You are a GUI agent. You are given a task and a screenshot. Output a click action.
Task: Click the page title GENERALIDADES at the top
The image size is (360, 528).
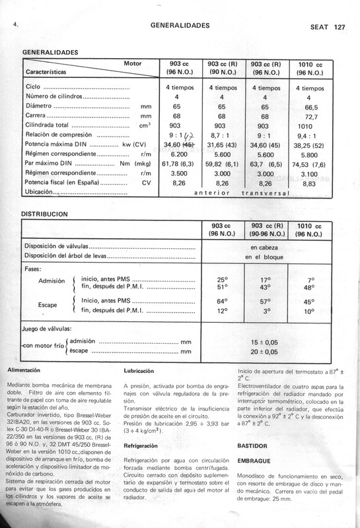[180, 26]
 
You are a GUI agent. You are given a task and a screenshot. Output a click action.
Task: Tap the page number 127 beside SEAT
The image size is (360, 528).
[340, 28]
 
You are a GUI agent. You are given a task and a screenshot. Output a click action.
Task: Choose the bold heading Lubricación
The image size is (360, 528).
[140, 371]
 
